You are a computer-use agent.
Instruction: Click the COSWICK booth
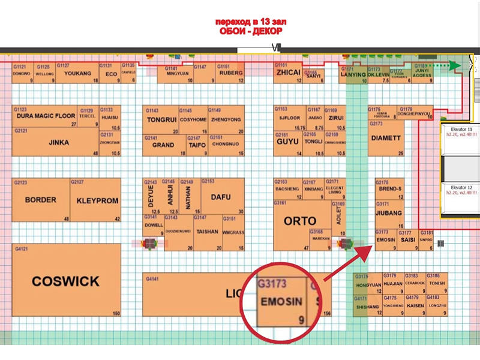pos(66,281)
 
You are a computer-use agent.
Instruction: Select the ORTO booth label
pos(299,221)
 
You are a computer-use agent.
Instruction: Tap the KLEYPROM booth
pos(98,200)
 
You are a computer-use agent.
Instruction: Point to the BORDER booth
pos(41,200)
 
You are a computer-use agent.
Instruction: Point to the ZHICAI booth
pos(288,73)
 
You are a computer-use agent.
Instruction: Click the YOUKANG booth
pos(77,73)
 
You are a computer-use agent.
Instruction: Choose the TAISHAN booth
pos(207,230)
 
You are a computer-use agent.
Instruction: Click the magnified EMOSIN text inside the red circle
pos(280,302)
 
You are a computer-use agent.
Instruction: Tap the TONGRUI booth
pos(161,120)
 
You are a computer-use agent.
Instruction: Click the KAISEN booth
pos(415,305)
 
